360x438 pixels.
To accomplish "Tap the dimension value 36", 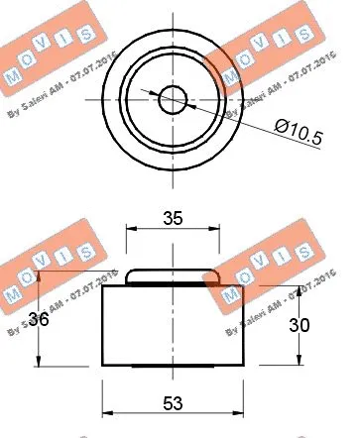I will (x=39, y=319).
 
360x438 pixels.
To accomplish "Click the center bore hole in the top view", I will (x=175, y=98).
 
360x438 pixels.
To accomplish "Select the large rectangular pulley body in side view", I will (x=175, y=327).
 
